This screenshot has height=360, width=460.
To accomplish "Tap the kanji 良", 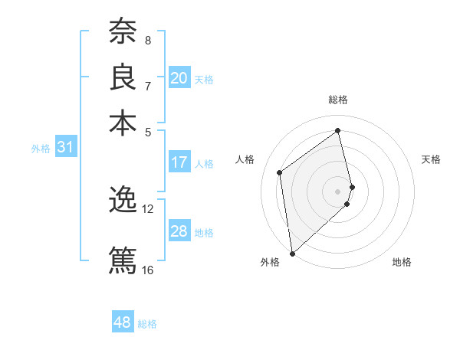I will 123,77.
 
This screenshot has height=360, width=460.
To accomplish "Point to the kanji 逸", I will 123,201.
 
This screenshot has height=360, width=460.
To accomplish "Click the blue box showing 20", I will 179,78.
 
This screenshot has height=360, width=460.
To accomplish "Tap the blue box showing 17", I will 179,162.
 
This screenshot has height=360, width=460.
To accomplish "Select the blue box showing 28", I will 179,231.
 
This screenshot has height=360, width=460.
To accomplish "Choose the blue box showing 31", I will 64,148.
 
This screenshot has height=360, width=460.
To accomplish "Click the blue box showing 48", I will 122,322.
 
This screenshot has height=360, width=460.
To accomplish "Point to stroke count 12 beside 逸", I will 147,208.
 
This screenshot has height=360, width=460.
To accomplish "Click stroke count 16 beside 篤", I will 147,270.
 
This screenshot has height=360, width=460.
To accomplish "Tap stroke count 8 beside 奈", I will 147,40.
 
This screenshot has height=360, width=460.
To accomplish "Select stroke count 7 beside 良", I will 147,86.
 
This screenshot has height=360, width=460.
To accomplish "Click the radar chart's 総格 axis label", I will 338,100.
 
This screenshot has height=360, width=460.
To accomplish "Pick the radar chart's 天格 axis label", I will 431,159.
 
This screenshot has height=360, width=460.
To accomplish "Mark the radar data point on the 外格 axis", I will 292,253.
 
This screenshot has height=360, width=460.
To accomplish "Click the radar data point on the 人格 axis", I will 280,172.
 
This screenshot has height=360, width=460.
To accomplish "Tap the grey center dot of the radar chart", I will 338,191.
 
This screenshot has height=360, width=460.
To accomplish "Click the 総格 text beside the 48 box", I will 147,324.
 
